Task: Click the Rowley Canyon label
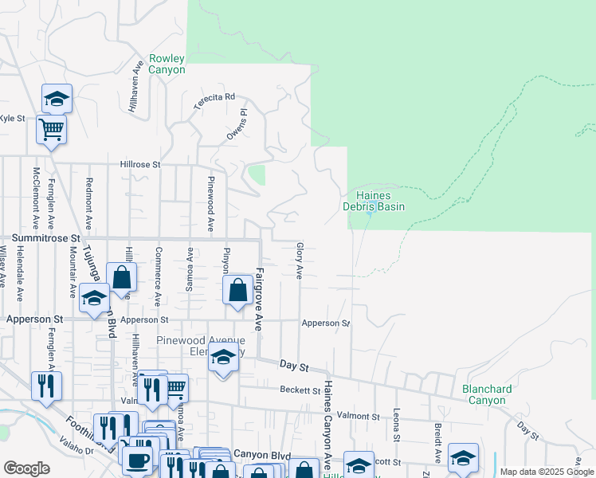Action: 167,65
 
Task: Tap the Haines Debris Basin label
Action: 374,201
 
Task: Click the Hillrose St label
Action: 140,164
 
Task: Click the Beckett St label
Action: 300,390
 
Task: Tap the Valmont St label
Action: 359,416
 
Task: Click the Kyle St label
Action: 13,118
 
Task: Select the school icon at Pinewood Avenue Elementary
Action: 224,359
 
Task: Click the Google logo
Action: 26,468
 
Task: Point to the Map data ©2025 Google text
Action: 546,472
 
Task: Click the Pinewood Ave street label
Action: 211,204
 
